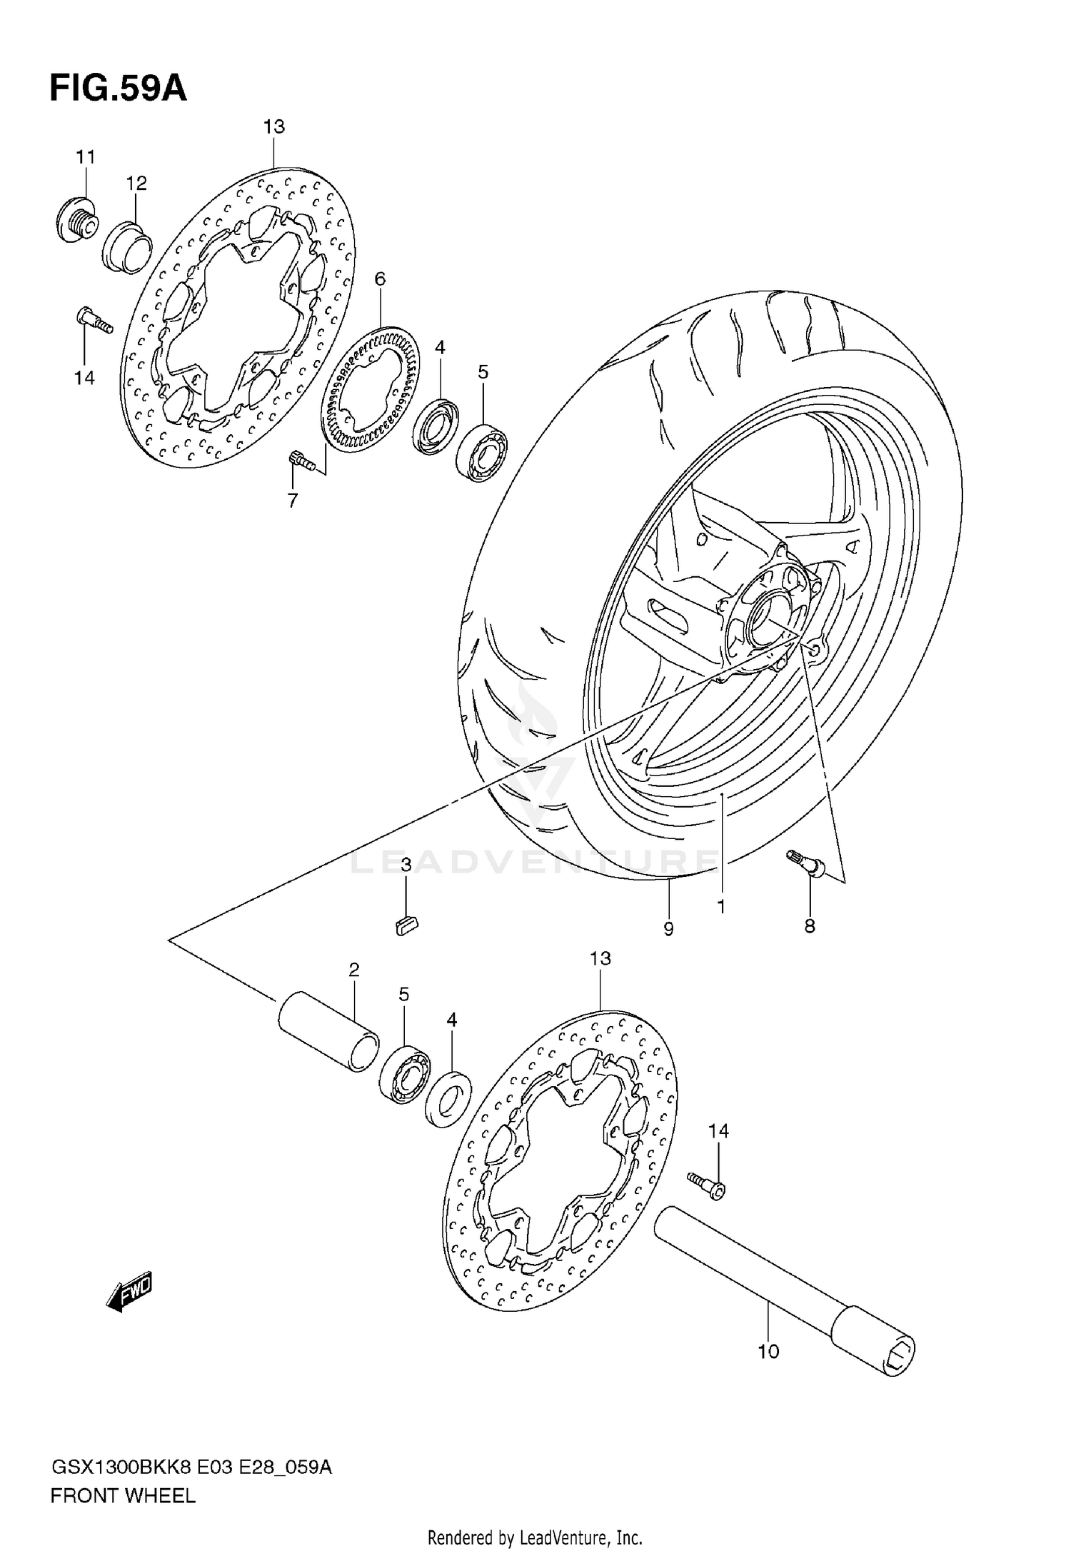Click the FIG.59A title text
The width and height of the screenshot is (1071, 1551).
point(118,89)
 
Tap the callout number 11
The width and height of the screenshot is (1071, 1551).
point(86,156)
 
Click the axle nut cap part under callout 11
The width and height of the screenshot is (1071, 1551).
point(76,219)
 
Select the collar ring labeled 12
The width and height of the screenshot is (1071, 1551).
point(128,246)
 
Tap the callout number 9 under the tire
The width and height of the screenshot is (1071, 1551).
point(668,929)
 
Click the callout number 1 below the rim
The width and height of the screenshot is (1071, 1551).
point(721,907)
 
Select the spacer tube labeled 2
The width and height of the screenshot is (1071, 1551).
point(328,1030)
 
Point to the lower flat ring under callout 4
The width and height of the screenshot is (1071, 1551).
point(448,1099)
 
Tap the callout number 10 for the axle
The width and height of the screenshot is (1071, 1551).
point(768,1351)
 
